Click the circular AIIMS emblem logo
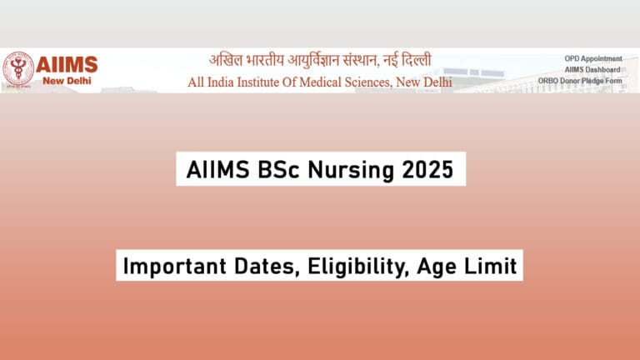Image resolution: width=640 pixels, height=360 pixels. [x=17, y=69]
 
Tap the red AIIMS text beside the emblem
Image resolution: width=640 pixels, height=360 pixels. [x=67, y=64]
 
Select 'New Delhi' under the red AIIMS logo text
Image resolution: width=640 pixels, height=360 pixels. [x=67, y=81]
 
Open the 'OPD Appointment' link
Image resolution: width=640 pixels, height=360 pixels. [x=593, y=58]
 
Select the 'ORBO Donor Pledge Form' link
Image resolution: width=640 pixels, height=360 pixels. [x=581, y=80]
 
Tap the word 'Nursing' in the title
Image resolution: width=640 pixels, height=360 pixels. [x=345, y=170]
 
